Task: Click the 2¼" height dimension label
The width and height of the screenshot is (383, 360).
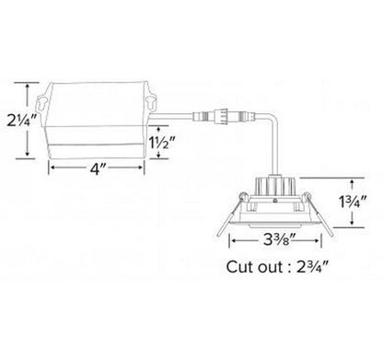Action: click(x=23, y=121)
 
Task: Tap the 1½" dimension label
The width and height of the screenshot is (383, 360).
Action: click(x=162, y=142)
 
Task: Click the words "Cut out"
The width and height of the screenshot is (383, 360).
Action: click(x=255, y=267)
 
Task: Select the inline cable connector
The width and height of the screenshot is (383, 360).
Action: click(x=224, y=116)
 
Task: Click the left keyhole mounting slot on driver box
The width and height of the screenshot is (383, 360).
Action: click(x=43, y=103)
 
